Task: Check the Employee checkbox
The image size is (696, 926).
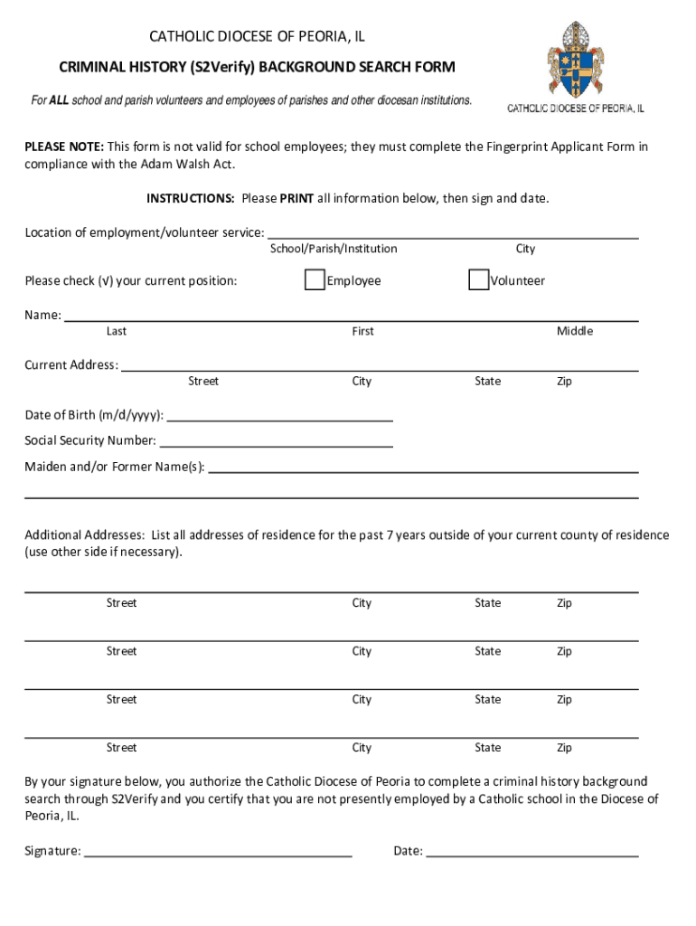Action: pos(315,280)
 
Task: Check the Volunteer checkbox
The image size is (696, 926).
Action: pos(478,280)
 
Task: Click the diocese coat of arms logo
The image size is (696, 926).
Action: pos(576,61)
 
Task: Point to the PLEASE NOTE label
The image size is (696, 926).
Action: pos(64,146)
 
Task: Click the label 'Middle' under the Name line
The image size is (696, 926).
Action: pos(575,331)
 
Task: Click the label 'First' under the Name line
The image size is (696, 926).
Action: pos(362,331)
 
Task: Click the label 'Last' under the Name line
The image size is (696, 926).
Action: pos(117,331)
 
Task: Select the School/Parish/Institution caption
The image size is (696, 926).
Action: pos(334,249)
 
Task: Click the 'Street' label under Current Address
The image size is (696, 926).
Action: pos(203,381)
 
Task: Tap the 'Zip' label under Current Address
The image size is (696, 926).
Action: pos(564,381)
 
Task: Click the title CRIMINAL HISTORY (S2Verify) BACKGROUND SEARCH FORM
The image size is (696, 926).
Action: pos(258,67)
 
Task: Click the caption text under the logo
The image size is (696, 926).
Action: pos(575,109)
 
